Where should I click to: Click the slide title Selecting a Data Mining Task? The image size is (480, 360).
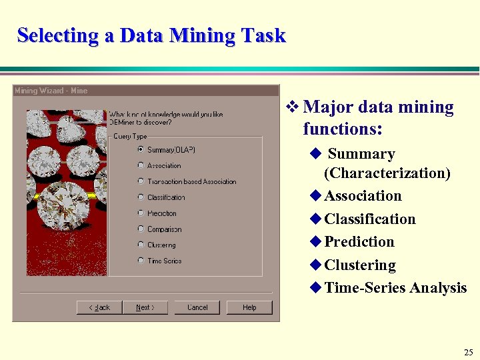coord(151,35)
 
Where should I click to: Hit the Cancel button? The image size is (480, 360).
coord(197,307)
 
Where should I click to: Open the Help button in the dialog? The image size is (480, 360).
coord(249,307)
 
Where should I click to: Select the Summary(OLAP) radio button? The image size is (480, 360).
coord(141,149)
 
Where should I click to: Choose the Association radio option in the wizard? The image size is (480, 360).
coord(141,165)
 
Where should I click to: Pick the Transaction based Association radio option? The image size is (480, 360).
coord(141,181)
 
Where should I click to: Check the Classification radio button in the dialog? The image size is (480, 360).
coord(141,197)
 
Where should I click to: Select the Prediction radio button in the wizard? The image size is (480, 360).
coord(141,213)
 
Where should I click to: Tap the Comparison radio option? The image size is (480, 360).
coord(141,229)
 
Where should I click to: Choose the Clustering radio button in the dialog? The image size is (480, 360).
coord(141,245)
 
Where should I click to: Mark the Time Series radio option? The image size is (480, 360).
coord(141,261)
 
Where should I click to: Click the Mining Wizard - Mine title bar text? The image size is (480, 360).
coord(51,91)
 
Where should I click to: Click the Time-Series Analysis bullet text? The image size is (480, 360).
coord(395,288)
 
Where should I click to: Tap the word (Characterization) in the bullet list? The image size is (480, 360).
coord(387,173)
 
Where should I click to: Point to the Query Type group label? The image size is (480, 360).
coord(130,137)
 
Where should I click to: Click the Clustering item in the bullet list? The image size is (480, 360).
coord(360,265)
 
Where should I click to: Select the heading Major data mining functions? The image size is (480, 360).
coord(378,117)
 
